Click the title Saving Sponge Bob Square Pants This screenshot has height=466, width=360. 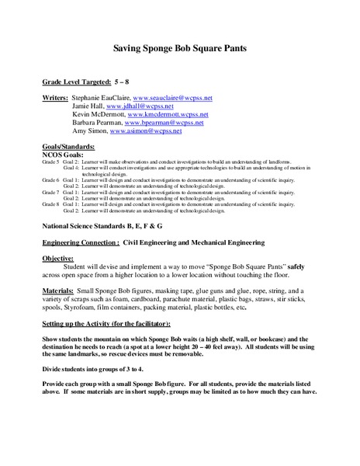pyautogui.click(x=180, y=46)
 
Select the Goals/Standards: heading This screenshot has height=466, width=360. pyautogui.click(x=67, y=146)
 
